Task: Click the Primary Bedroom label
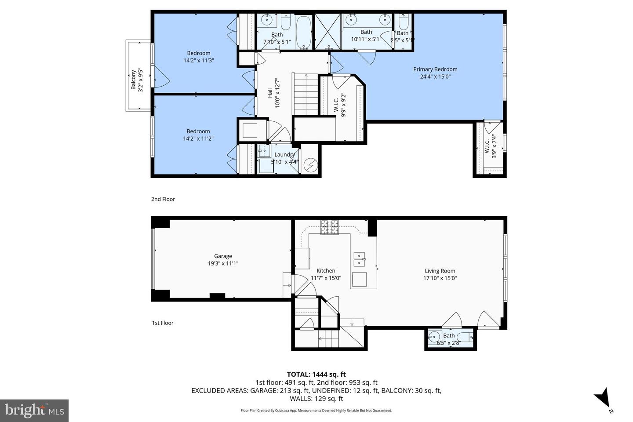point(435,69)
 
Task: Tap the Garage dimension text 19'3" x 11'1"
point(223,263)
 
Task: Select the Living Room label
point(440,271)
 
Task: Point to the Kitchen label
point(326,271)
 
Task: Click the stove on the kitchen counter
point(330,227)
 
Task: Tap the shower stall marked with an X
point(328,32)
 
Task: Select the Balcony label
point(133,80)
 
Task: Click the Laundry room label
point(284,154)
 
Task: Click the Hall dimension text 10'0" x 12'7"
point(277,93)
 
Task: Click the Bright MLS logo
point(34,411)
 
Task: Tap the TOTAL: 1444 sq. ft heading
point(316,375)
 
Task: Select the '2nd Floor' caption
point(163,199)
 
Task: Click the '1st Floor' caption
point(163,323)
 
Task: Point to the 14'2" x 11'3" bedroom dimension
point(199,60)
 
